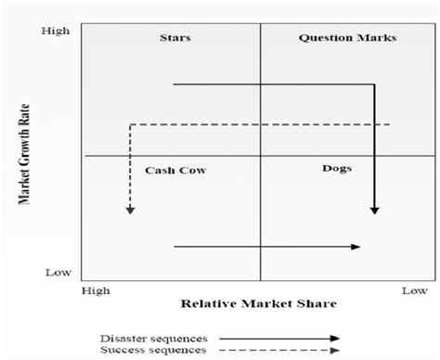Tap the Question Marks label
tap(347, 38)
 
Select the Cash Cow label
tap(175, 171)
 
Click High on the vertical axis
tap(56, 32)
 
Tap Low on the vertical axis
tap(58, 273)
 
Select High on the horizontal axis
tap(96, 290)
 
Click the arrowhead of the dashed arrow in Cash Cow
tap(131, 210)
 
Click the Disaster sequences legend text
tap(153, 338)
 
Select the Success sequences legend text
tap(152, 349)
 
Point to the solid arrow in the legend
tap(278, 339)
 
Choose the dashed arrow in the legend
tap(278, 350)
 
